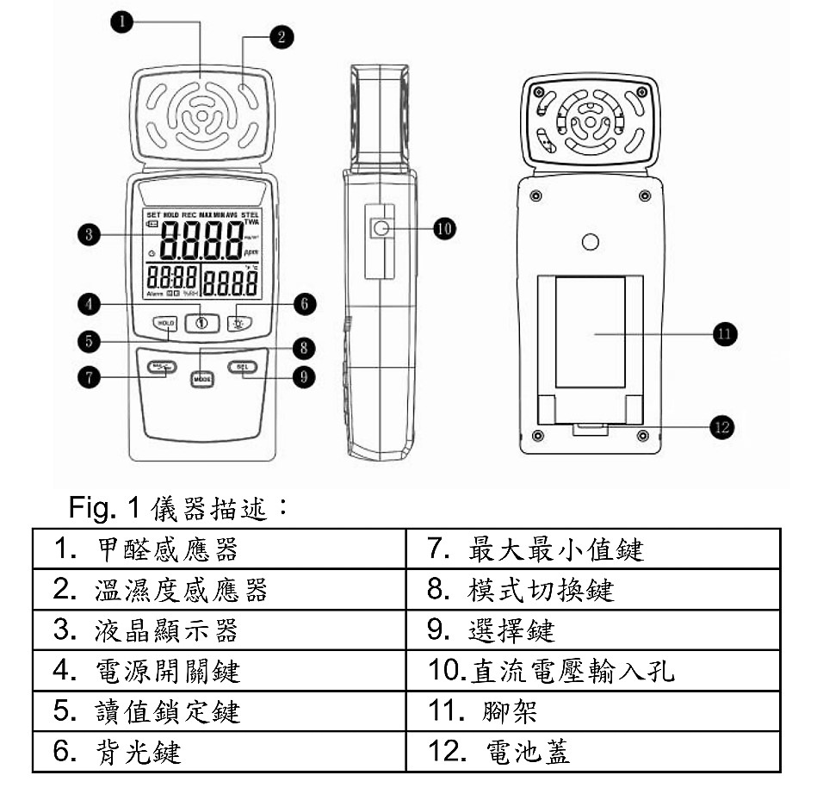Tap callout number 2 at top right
(279, 35)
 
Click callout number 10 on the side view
(444, 228)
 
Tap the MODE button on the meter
(202, 378)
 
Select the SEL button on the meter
(243, 368)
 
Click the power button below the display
(202, 323)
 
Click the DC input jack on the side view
(380, 228)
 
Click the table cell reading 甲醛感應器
(219, 549)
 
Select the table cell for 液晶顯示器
(219, 630)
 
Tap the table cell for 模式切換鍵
(592, 590)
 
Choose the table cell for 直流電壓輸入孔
(592, 671)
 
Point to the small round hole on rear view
(590, 243)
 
